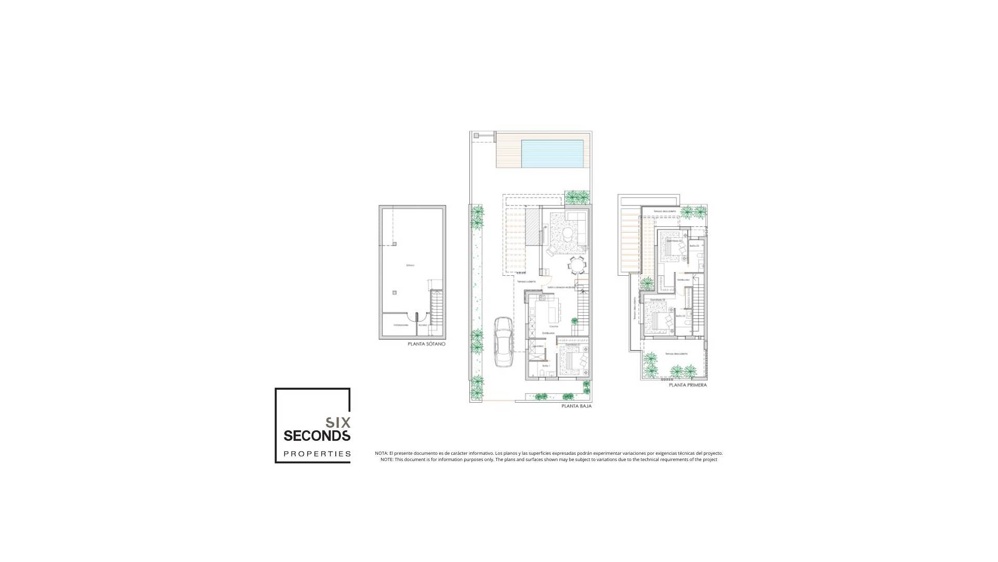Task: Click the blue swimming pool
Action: click(552, 154)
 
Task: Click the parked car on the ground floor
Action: click(503, 342)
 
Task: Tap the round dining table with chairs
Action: click(577, 265)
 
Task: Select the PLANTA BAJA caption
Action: click(576, 406)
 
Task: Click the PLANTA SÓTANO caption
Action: click(426, 344)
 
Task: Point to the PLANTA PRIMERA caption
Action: click(688, 386)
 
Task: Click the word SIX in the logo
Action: click(338, 422)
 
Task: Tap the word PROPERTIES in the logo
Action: click(317, 454)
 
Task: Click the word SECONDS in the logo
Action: click(317, 435)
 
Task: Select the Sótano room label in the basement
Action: click(410, 265)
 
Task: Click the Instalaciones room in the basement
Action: click(401, 325)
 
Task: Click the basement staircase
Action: click(437, 312)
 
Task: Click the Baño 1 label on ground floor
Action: click(546, 366)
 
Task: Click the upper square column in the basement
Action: click(395, 244)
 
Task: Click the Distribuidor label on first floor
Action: click(684, 280)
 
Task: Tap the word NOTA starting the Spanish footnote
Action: click(381, 453)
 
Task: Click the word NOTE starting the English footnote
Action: click(387, 459)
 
